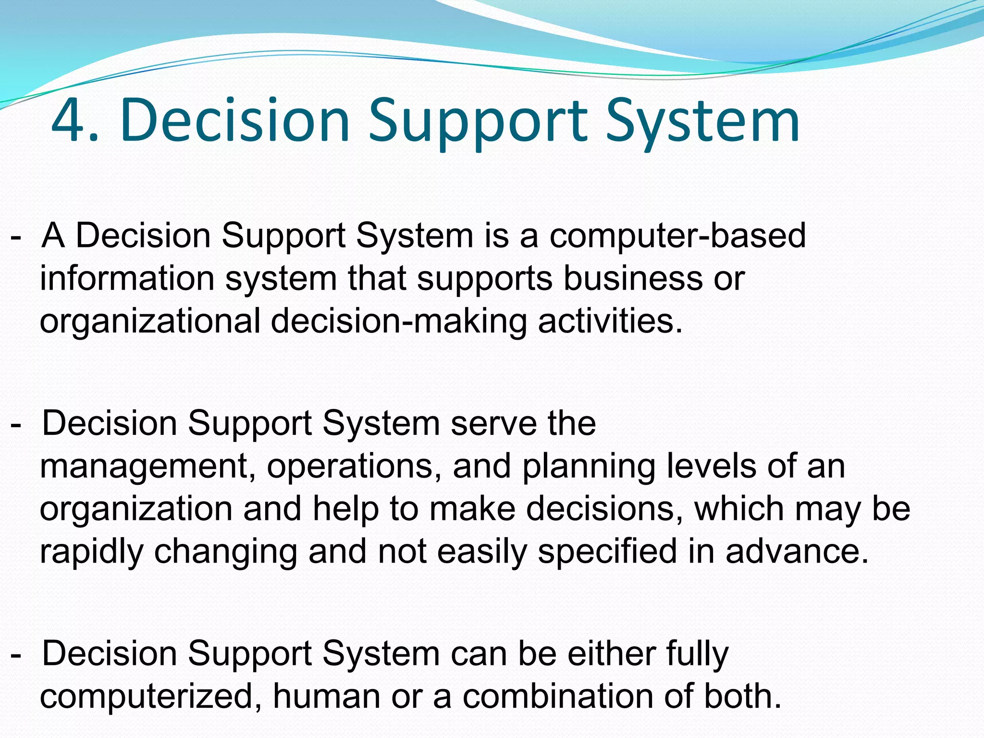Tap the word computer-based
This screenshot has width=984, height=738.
tap(677, 235)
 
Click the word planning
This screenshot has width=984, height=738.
tap(589, 467)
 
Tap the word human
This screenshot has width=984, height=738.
tap(327, 697)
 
